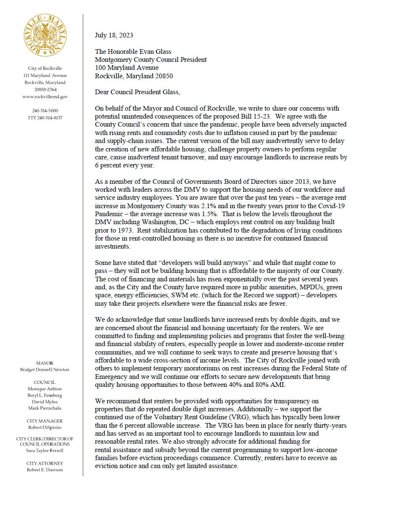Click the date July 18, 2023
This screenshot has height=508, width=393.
pyautogui.click(x=114, y=35)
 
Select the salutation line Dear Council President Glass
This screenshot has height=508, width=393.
pyautogui.click(x=139, y=93)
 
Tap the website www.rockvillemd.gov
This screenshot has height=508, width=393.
pyautogui.click(x=45, y=97)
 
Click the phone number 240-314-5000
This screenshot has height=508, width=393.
pyautogui.click(x=45, y=111)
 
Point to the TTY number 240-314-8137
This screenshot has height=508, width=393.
pyautogui.click(x=45, y=118)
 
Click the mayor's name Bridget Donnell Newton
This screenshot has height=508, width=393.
pyautogui.click(x=45, y=370)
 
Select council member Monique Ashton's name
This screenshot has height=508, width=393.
pyautogui.click(x=45, y=389)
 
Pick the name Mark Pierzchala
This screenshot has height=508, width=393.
pyautogui.click(x=45, y=408)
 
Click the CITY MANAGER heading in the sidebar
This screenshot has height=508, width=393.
pyautogui.click(x=45, y=421)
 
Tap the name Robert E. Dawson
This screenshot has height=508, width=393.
pyautogui.click(x=45, y=470)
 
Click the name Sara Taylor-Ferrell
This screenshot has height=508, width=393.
pyautogui.click(x=45, y=450)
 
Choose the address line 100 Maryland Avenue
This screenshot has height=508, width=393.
pyautogui.click(x=127, y=68)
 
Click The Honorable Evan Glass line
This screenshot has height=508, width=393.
pyautogui.click(x=133, y=52)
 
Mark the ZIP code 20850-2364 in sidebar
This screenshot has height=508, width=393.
pyautogui.click(x=45, y=90)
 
